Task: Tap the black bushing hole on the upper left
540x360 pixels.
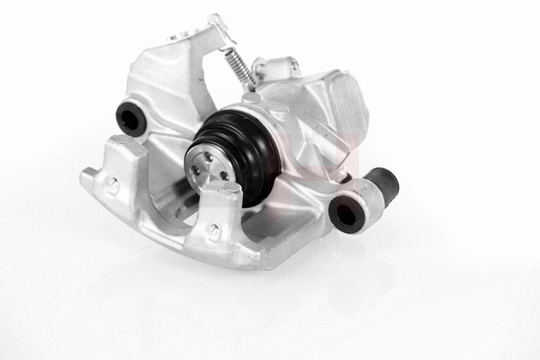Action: coord(131,118)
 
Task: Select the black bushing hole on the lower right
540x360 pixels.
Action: coord(346,213)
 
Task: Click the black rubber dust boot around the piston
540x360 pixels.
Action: coord(247,153)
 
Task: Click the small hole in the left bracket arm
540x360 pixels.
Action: coord(114,182)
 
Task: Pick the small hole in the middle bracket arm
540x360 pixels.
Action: coord(214,229)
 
